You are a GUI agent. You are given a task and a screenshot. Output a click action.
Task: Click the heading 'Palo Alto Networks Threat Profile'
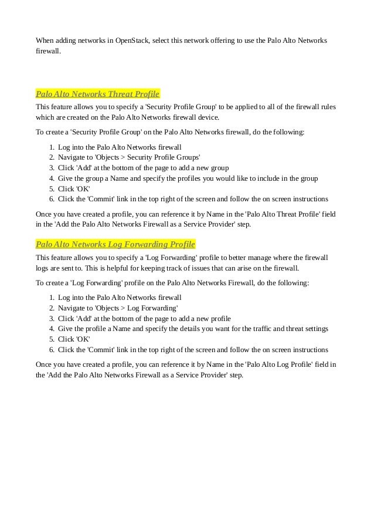tap(97, 93)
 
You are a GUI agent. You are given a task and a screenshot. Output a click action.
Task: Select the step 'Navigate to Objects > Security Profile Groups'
tap(129, 158)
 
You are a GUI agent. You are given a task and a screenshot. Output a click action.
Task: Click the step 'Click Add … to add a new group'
tap(143, 168)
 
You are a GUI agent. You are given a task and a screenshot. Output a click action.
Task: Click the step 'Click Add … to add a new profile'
tap(144, 318)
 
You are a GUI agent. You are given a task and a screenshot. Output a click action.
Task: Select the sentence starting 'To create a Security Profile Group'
tap(170, 132)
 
